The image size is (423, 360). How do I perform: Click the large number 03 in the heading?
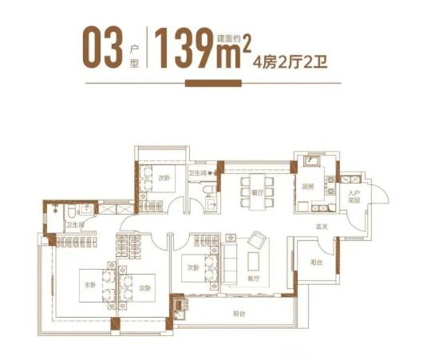pyautogui.click(x=102, y=47)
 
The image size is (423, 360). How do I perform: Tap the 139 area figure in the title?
pyautogui.click(x=184, y=48)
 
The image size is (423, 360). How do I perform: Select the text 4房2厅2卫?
pyautogui.click(x=290, y=63)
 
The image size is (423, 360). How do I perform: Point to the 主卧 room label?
pyautogui.click(x=90, y=285)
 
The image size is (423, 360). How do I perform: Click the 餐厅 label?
pyautogui.click(x=257, y=192)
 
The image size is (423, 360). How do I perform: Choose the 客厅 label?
pyautogui.click(x=254, y=279)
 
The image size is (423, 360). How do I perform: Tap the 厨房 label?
pyautogui.click(x=308, y=187)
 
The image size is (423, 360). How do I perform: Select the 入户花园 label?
pyautogui.click(x=354, y=196)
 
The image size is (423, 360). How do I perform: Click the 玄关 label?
pyautogui.click(x=322, y=227)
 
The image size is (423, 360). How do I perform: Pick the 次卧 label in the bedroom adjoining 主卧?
pyautogui.click(x=145, y=288)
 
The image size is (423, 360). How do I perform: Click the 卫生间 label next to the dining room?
pyautogui.click(x=197, y=172)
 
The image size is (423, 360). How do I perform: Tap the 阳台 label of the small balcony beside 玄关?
pyautogui.click(x=316, y=262)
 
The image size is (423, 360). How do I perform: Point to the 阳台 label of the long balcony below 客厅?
pyautogui.click(x=239, y=314)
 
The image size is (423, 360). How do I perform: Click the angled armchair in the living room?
pyautogui.click(x=258, y=240)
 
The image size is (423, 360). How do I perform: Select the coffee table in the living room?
pyautogui.click(x=253, y=261)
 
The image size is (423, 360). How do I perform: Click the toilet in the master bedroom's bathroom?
pyautogui.click(x=72, y=212)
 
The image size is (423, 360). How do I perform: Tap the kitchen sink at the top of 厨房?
pyautogui.click(x=311, y=161)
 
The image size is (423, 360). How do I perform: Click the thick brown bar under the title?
pyautogui.click(x=213, y=83)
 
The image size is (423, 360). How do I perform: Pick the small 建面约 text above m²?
pyautogui.click(x=229, y=38)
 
